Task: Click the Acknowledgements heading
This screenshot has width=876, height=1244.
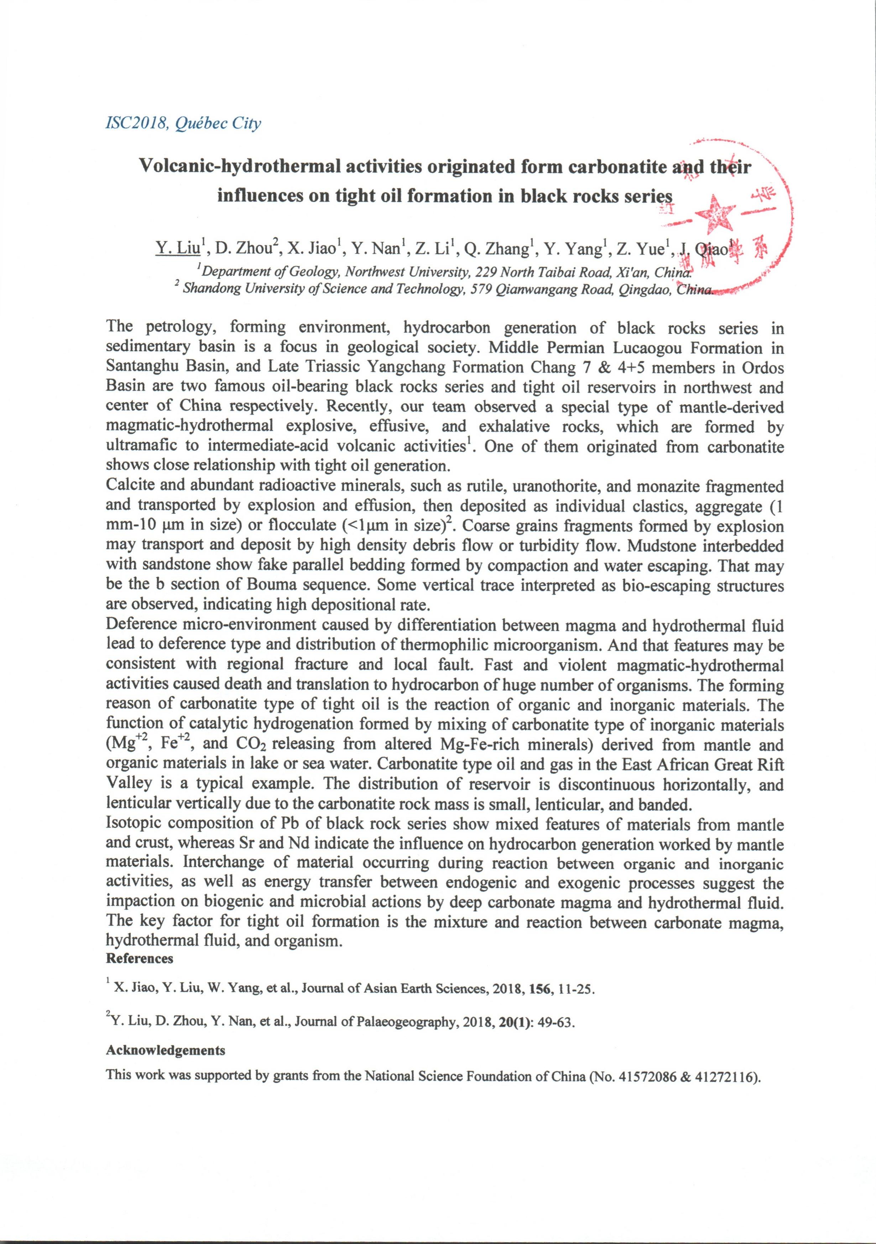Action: point(165,1050)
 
